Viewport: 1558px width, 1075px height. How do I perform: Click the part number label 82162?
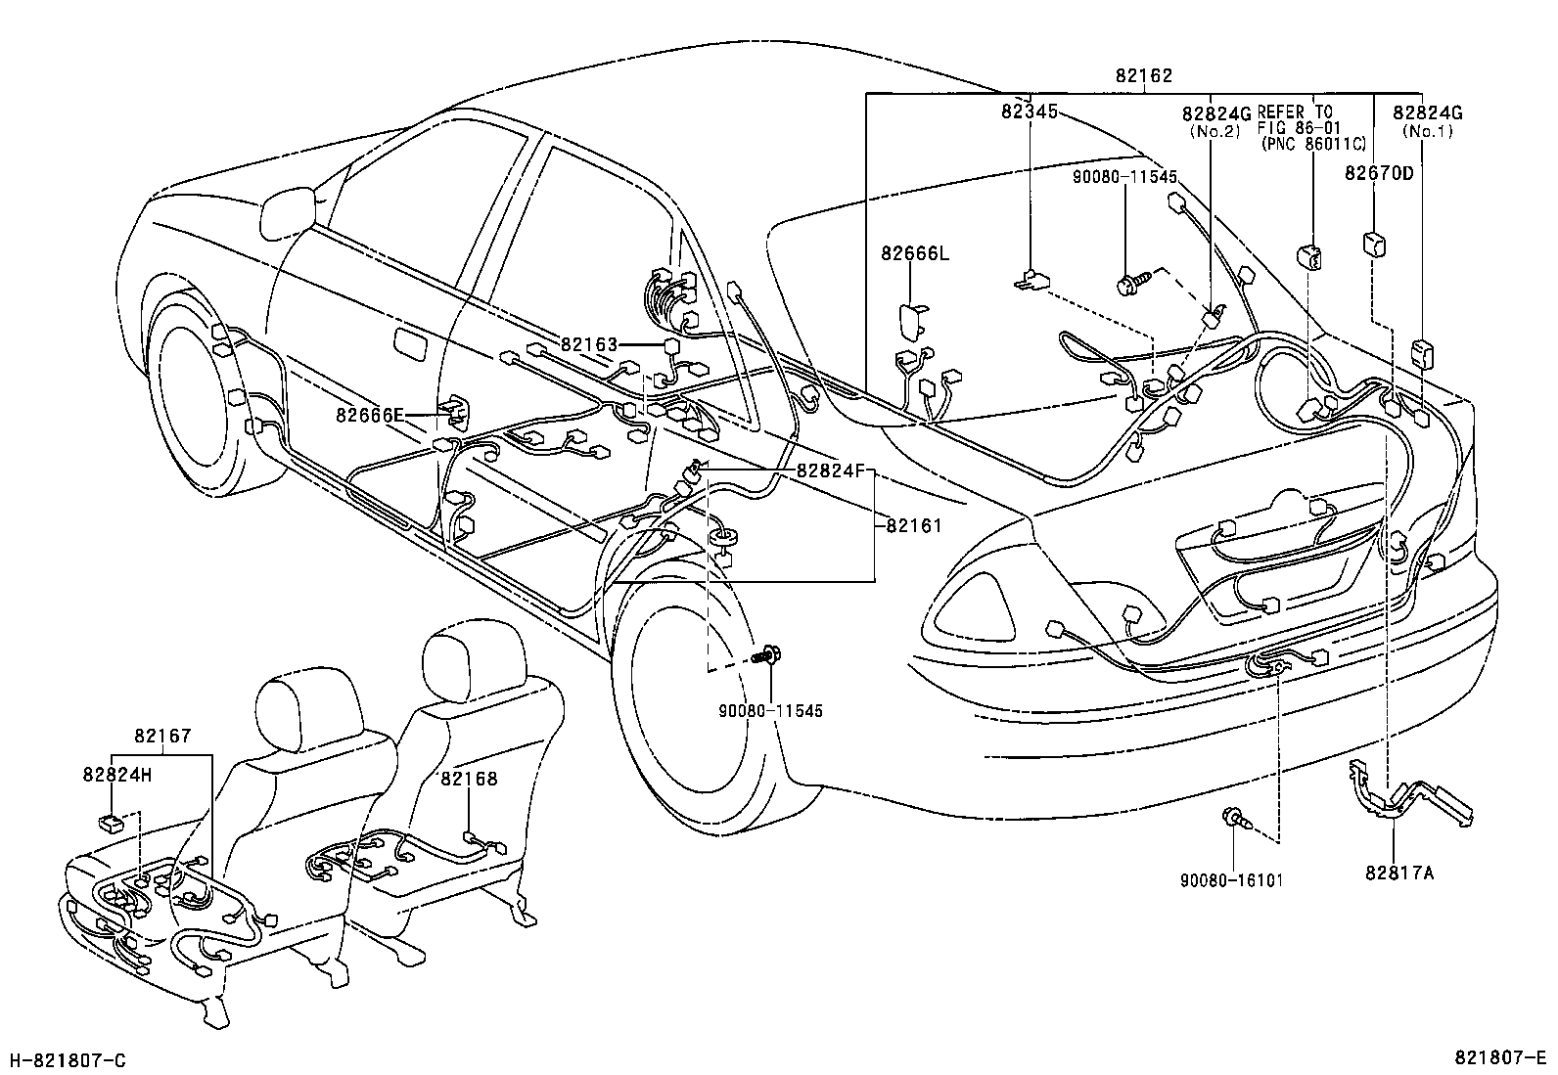pos(1143,75)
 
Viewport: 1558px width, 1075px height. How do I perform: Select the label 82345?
pos(1029,112)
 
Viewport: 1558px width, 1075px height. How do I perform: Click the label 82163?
pos(589,344)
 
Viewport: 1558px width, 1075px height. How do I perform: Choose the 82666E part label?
pos(370,415)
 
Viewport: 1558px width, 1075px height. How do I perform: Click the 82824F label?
pos(831,470)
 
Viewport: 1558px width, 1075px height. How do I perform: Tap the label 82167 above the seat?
pos(162,737)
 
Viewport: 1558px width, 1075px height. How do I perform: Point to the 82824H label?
pos(116,774)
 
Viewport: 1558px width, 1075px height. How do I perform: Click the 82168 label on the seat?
pos(469,779)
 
